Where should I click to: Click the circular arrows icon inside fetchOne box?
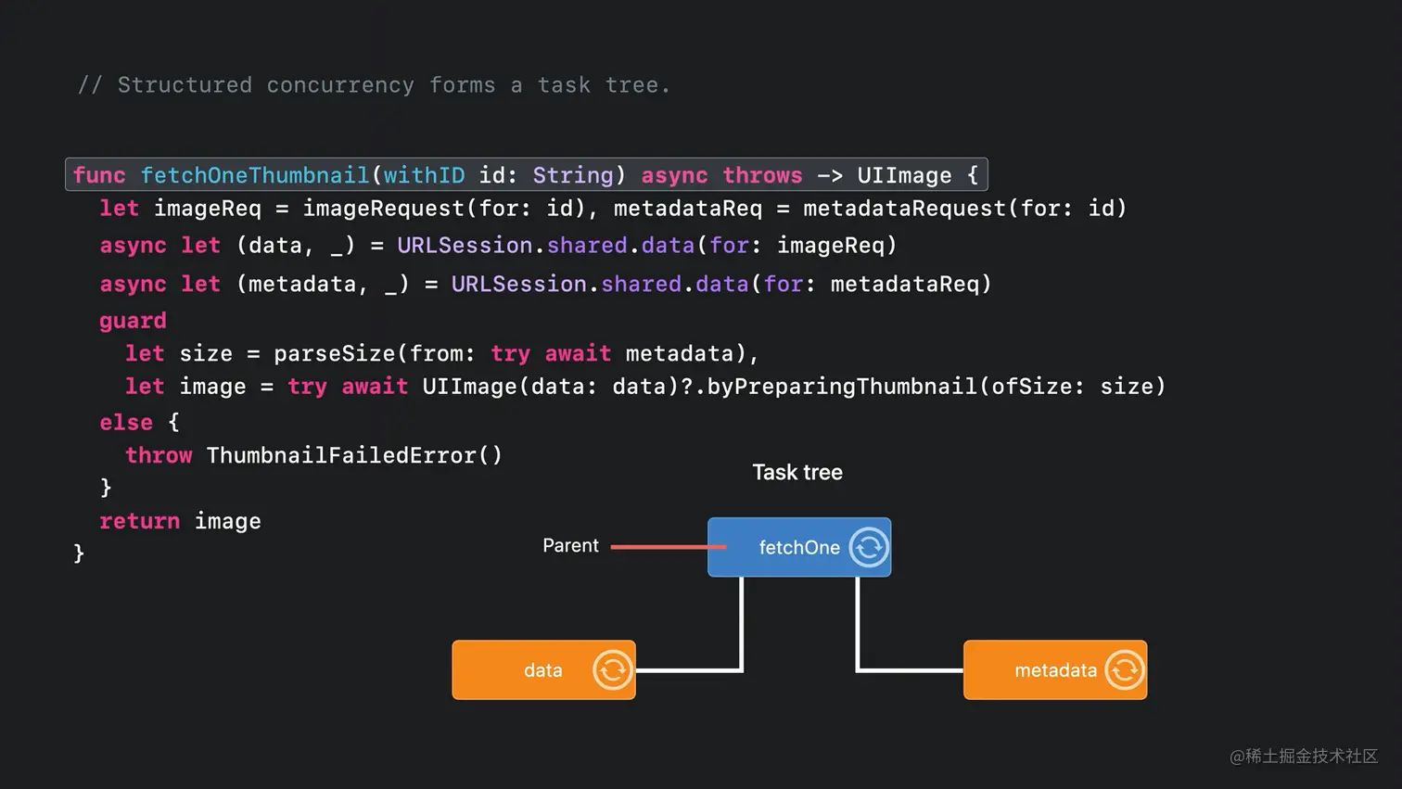click(x=869, y=547)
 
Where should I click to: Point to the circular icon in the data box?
click(x=612, y=669)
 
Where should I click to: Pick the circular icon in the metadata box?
click(x=1124, y=669)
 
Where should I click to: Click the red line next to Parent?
click(x=658, y=547)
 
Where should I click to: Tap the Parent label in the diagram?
click(x=570, y=546)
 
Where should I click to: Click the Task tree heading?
click(x=797, y=472)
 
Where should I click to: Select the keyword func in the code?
click(x=99, y=175)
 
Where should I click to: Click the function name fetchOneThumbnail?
click(x=254, y=175)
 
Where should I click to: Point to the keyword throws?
click(x=762, y=175)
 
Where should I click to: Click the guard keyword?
click(x=133, y=321)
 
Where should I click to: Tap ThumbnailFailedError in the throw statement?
click(x=340, y=455)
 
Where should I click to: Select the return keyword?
click(x=140, y=521)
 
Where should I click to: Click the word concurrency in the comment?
click(x=340, y=85)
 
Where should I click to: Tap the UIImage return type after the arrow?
click(x=903, y=175)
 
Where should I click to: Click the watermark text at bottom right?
click(x=1304, y=757)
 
